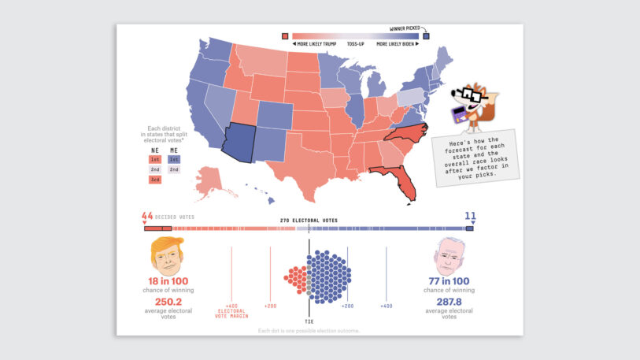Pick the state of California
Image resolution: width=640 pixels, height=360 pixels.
click(202, 111)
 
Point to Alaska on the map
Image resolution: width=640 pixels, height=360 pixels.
click(209, 180)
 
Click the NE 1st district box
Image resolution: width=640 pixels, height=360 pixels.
click(154, 158)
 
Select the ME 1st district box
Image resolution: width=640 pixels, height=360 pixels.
click(173, 158)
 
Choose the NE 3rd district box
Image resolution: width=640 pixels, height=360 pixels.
click(154, 180)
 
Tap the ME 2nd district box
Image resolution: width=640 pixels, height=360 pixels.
click(173, 169)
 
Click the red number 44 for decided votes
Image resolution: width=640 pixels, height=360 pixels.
click(147, 216)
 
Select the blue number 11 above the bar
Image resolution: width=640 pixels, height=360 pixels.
click(470, 215)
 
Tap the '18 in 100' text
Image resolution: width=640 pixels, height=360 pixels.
click(168, 281)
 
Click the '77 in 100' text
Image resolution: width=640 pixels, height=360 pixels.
click(450, 281)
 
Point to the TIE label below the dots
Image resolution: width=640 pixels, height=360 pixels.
click(309, 311)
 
